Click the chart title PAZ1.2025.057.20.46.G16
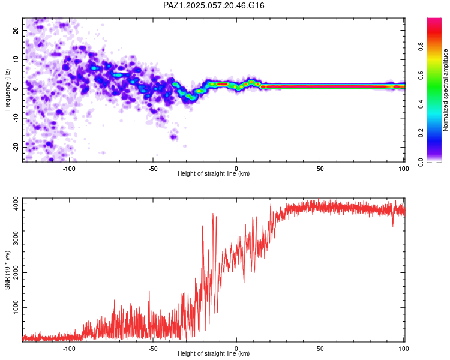[x=214, y=5]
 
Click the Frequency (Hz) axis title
[x=7, y=90]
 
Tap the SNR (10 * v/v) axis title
[x=7, y=270]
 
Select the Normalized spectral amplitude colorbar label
[x=445, y=90]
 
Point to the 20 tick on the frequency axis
[x=16, y=30]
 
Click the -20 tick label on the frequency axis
[x=16, y=148]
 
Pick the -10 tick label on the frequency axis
[x=16, y=118]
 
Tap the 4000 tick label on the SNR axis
[x=16, y=203]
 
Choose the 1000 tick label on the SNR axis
[x=16, y=307]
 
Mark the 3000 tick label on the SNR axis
[x=16, y=238]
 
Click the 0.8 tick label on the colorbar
[x=421, y=46]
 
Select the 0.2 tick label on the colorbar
[x=421, y=133]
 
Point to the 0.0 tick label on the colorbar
[x=421, y=162]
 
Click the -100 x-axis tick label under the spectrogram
[x=69, y=169]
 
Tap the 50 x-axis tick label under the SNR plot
[x=320, y=349]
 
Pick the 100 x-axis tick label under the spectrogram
[x=404, y=169]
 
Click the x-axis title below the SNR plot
[x=214, y=353]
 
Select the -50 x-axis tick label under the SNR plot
[x=152, y=349]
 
